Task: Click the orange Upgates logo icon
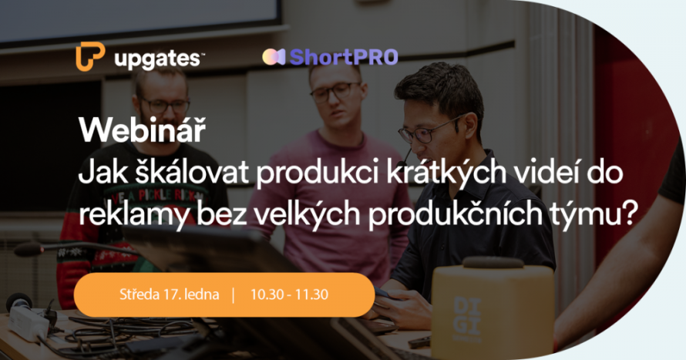pos(90,56)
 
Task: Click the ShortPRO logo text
pos(343,56)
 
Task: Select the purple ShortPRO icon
pos(274,56)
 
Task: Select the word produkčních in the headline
pos(432,213)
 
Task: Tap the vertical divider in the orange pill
pos(232,294)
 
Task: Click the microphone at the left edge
pos(31,249)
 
